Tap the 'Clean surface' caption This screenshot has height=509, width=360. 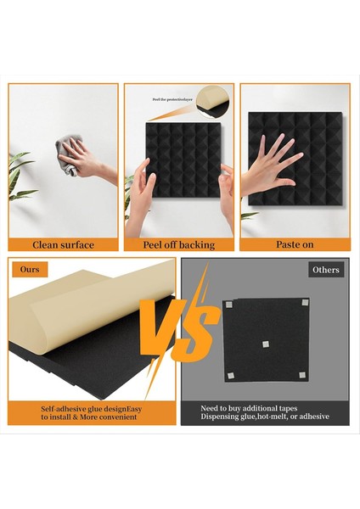click(64, 244)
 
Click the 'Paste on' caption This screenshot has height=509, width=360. click(295, 244)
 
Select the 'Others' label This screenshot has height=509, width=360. click(326, 271)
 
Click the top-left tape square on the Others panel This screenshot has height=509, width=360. click(230, 304)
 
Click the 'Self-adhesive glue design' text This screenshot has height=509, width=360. click(85, 408)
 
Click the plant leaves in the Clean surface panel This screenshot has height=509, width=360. click(21, 178)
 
